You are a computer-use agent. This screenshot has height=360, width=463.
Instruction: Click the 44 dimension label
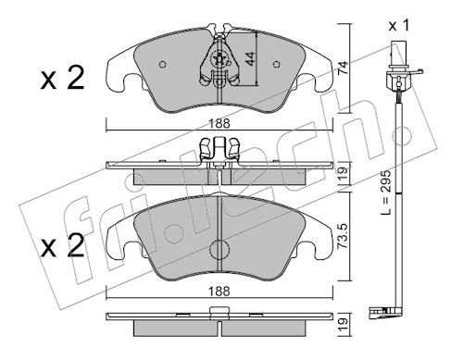click(251, 58)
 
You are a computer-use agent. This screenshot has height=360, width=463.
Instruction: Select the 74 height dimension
click(344, 68)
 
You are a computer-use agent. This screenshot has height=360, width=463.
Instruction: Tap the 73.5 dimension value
click(344, 237)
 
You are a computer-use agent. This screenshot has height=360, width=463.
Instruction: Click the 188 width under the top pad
click(219, 124)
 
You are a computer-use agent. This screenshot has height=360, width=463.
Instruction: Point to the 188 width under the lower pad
click(219, 291)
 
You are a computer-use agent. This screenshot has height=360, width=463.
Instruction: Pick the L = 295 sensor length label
click(385, 192)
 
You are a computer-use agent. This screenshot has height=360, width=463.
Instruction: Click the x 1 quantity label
click(399, 25)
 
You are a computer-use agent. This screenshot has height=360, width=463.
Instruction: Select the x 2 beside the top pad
click(62, 79)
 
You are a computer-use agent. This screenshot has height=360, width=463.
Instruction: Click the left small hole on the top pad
click(163, 65)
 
